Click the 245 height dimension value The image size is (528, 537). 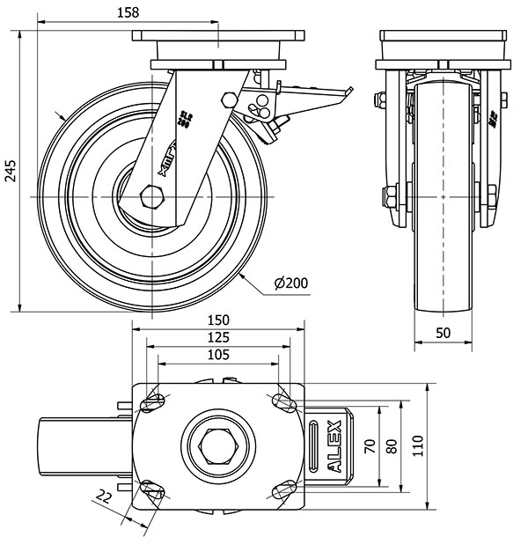pos(11,171)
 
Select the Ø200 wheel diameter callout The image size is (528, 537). pos(291,283)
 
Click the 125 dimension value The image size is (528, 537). pos(219,337)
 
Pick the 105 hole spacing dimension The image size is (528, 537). pos(219,355)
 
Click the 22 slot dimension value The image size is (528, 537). pos(105,497)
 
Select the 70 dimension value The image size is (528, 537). pos(369,445)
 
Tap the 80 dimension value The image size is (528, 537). pos(392,445)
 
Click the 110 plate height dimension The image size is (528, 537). pos(422,445)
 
